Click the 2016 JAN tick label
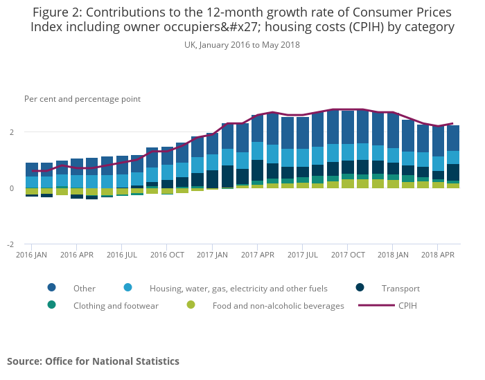(x=31, y=255)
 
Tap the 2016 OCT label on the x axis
(x=167, y=255)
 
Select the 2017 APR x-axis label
(x=258, y=255)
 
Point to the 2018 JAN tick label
(x=394, y=255)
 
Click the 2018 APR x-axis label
(x=439, y=255)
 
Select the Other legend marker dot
(x=52, y=288)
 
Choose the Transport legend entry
(x=400, y=289)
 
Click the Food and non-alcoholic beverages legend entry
(x=278, y=306)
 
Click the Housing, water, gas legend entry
(x=238, y=289)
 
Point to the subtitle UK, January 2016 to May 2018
(x=242, y=45)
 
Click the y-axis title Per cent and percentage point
(x=82, y=99)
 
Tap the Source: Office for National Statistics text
(x=93, y=361)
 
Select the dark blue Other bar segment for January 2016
(x=32, y=170)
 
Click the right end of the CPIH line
(x=453, y=124)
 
